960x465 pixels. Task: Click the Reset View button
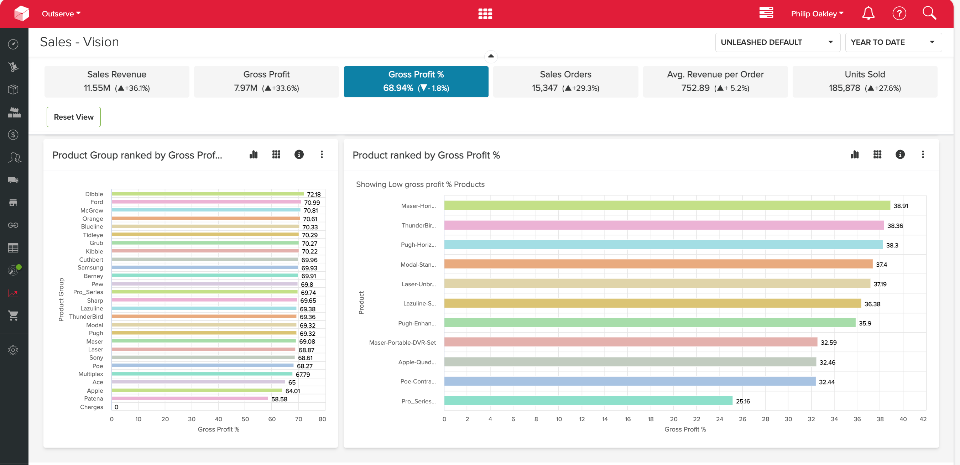73,117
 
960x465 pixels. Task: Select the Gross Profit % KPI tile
416,82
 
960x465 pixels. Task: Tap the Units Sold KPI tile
865,82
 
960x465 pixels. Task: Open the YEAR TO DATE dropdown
893,42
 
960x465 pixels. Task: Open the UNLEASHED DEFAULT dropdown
777,42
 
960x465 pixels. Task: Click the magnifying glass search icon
929,13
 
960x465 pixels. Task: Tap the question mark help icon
899,14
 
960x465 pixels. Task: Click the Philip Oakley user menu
817,14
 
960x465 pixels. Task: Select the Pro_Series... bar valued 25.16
588,401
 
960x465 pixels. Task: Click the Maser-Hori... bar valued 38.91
667,205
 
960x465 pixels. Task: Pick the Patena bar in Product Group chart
190,398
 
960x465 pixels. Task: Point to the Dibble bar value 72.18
314,194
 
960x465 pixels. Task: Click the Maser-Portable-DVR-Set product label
402,343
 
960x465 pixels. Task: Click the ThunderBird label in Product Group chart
86,316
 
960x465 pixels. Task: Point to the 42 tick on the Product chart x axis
923,419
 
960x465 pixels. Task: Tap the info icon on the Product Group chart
299,154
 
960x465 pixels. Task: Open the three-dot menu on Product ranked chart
923,154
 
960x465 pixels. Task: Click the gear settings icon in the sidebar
13,350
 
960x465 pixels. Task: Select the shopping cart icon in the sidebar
13,315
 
